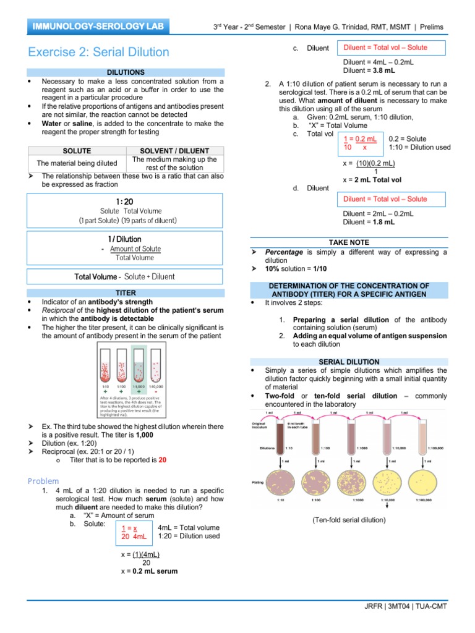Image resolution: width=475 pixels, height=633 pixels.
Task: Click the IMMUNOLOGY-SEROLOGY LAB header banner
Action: (x=100, y=27)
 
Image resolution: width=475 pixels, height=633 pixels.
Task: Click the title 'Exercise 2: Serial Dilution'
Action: (x=98, y=52)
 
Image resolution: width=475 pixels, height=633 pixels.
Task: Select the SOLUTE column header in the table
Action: (x=77, y=151)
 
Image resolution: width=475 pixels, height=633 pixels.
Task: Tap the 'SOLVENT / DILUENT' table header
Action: (x=174, y=151)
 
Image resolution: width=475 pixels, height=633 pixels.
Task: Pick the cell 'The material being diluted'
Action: (x=77, y=163)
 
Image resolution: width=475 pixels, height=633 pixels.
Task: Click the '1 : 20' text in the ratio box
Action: (x=124, y=202)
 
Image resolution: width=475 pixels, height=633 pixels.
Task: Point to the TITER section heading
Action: (x=126, y=292)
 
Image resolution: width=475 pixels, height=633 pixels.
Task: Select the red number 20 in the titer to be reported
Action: (x=163, y=460)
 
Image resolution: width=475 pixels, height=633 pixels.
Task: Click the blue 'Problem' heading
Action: (x=44, y=481)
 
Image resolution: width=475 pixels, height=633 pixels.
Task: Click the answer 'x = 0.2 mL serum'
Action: (x=149, y=571)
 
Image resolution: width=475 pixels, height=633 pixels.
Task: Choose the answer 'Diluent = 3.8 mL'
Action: (x=369, y=70)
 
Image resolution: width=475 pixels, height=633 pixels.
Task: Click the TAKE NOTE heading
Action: (x=349, y=243)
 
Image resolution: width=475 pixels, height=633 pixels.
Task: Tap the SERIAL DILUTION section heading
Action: (x=349, y=362)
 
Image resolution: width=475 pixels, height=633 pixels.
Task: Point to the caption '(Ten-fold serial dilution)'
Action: (x=349, y=520)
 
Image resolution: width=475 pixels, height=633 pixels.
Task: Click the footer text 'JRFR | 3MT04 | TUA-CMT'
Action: (x=405, y=606)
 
